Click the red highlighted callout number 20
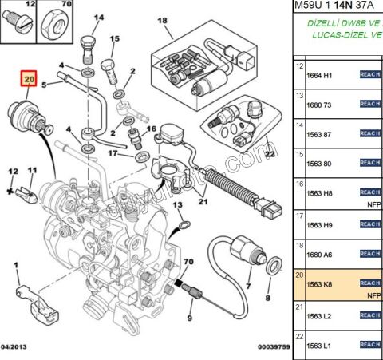click(30, 80)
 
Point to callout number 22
click(270, 153)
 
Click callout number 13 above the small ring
click(178, 205)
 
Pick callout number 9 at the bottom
click(190, 318)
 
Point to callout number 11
click(32, 170)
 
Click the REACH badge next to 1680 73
click(370, 104)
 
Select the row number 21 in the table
click(300, 306)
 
